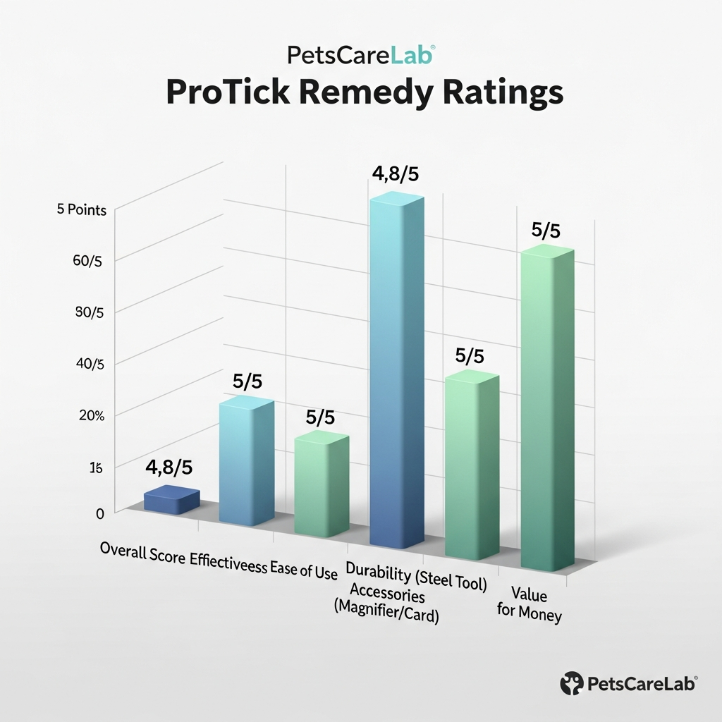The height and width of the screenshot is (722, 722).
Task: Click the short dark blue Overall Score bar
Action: (171, 500)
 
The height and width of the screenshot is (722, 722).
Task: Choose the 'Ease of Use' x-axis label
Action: (304, 570)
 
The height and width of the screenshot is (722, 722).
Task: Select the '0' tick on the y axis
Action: (99, 514)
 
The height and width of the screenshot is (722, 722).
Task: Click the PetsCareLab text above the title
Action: (361, 55)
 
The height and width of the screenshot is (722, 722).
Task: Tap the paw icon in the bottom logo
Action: (572, 682)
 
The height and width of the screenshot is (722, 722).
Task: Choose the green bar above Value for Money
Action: (547, 409)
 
